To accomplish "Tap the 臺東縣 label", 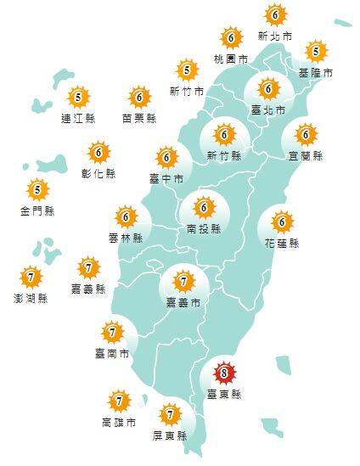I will [x=224, y=395].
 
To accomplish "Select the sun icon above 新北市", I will [x=274, y=15].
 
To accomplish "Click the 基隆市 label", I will [x=316, y=74].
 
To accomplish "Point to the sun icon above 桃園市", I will [x=231, y=38].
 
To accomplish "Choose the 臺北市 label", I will [x=268, y=110].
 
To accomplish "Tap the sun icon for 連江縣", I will [x=77, y=97].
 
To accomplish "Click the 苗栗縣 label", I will [x=138, y=118].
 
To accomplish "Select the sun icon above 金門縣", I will [x=37, y=188].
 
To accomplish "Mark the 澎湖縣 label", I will [x=31, y=298].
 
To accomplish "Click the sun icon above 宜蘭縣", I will [x=306, y=134].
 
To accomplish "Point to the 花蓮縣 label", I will [x=283, y=244].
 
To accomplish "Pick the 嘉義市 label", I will [x=183, y=302].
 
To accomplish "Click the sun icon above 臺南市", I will [x=112, y=331].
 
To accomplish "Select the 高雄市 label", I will [x=118, y=422].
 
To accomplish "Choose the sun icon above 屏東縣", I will [x=171, y=414].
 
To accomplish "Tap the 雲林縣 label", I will [x=126, y=239].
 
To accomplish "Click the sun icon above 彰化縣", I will [x=98, y=153].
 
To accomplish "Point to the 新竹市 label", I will [x=186, y=91].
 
